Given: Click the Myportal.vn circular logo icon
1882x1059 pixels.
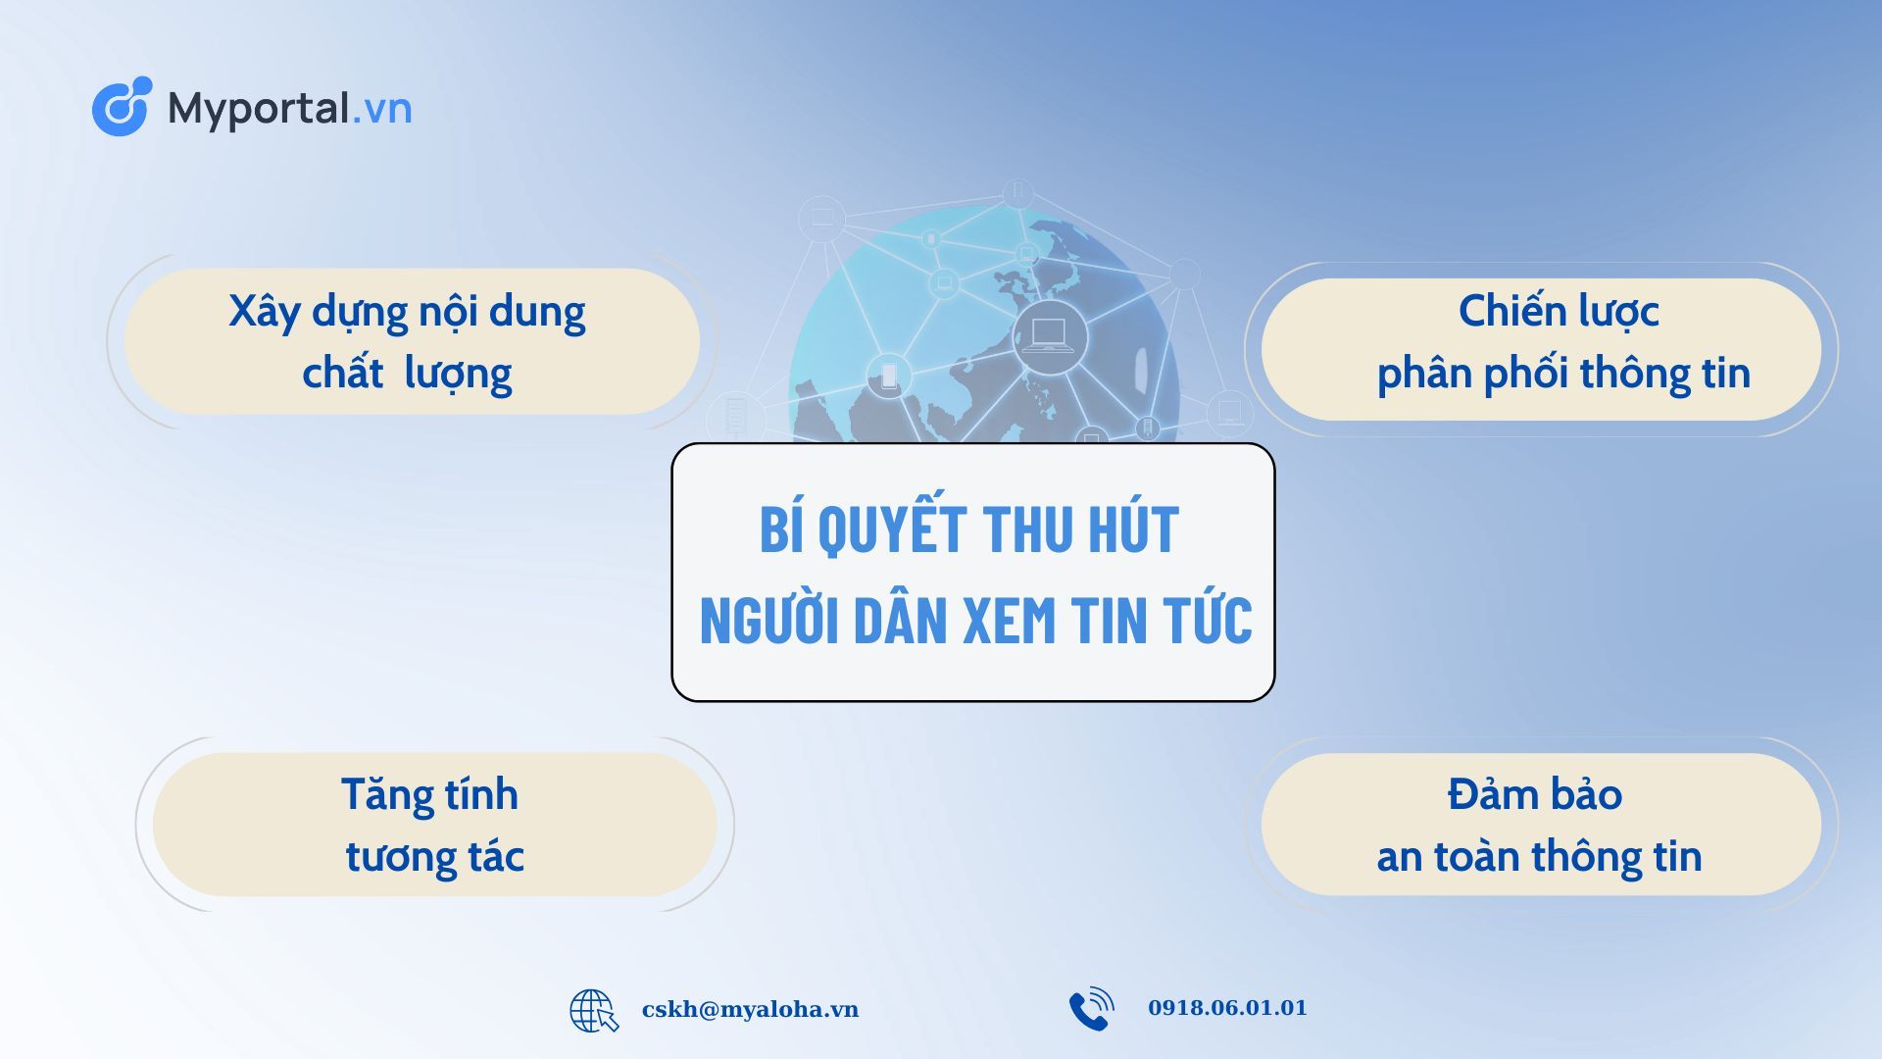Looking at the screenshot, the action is point(122,106).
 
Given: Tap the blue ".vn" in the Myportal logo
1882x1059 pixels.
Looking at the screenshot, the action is point(381,108).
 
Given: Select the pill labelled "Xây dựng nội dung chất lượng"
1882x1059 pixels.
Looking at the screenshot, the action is point(412,341).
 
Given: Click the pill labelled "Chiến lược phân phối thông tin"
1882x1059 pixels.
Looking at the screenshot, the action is point(1541,350).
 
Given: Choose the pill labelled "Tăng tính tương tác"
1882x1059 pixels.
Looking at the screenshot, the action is point(434,825).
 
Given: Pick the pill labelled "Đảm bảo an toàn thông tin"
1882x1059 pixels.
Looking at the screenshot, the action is point(1541,825).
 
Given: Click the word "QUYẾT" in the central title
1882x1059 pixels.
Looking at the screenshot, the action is point(892,529).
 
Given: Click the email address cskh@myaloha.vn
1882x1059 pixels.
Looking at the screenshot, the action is point(750,1009).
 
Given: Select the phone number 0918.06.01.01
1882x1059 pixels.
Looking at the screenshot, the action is point(1227,1008).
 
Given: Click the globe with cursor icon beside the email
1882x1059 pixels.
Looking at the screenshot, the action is point(594,1011).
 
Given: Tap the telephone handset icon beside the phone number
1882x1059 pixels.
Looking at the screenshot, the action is point(1091,1009).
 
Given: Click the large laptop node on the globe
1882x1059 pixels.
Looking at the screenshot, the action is point(1049,337).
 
